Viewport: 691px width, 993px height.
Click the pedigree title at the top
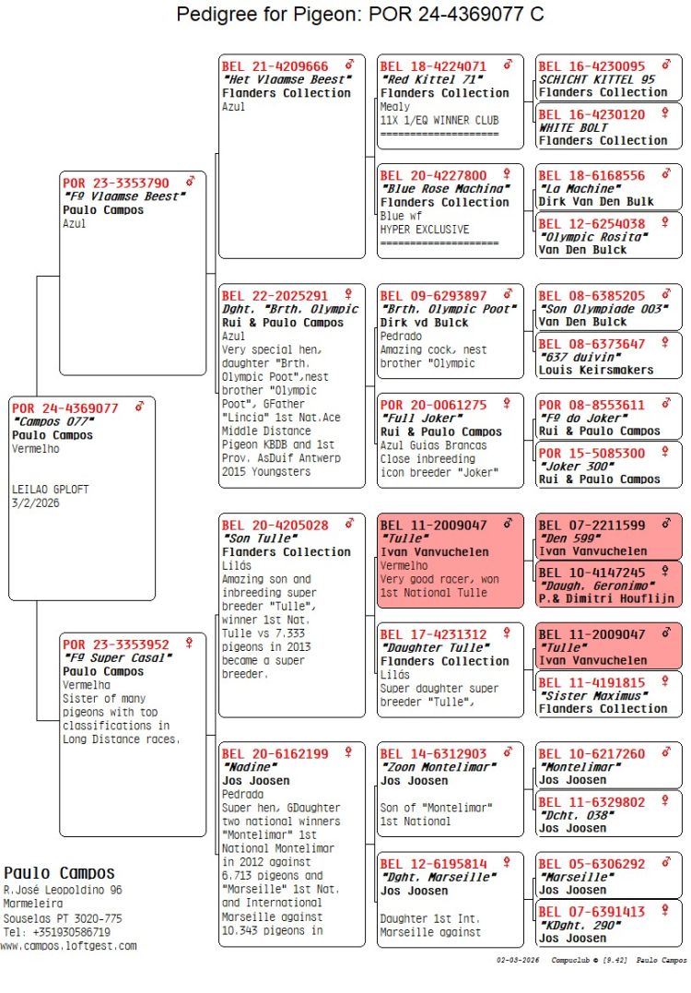(359, 14)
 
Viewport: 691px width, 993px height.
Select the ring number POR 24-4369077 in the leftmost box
(65, 408)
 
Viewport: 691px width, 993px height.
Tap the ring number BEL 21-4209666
(275, 66)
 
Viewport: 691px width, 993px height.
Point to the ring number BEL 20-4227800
(433, 175)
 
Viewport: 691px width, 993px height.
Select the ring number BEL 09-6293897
(433, 296)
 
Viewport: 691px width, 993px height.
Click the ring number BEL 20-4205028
(275, 526)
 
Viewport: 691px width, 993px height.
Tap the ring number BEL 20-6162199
(275, 753)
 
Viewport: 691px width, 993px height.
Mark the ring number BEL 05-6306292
(591, 864)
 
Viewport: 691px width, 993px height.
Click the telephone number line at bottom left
(56, 932)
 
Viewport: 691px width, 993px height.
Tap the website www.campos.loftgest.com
(68, 945)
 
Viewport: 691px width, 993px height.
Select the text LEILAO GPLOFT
(51, 490)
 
